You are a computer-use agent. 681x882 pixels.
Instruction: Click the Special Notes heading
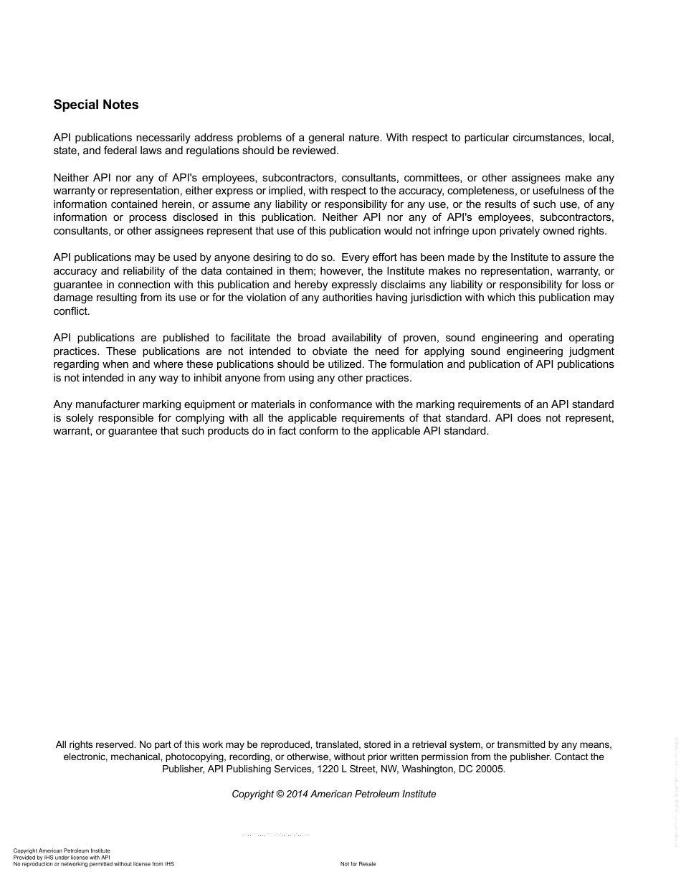(96, 105)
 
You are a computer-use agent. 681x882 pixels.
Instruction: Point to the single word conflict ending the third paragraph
(71, 311)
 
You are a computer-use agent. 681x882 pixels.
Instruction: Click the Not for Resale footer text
(358, 864)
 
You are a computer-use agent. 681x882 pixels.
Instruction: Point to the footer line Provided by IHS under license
(62, 858)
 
